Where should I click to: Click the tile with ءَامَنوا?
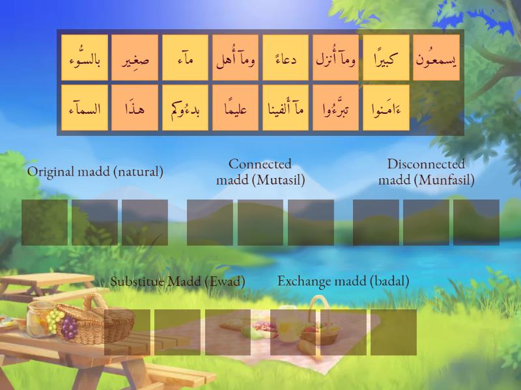pos(386,108)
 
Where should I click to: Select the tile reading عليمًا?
pos(235,108)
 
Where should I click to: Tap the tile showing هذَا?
pos(135,108)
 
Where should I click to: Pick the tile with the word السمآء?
pos(85,108)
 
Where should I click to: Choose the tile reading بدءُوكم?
pos(185,108)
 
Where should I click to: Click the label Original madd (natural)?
pos(95,172)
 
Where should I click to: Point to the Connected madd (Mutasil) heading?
pos(260,172)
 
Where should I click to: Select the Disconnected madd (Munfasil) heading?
pos(426,172)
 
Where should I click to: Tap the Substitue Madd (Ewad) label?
pos(177,282)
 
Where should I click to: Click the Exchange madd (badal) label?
pos(343,281)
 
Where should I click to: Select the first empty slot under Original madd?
pos(45,222)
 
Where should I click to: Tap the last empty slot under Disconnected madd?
pos(476,222)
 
